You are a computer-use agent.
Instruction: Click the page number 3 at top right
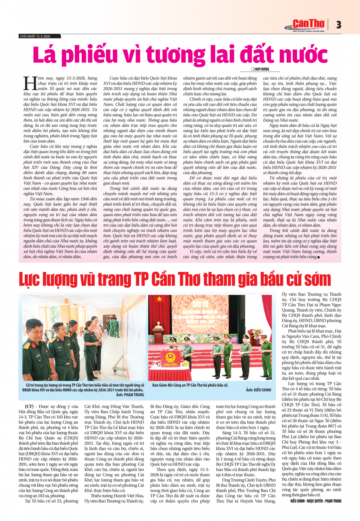338,25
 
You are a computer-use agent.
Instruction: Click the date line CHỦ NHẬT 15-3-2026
35,36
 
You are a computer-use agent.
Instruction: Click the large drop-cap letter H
30,83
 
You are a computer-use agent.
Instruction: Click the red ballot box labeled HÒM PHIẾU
170,359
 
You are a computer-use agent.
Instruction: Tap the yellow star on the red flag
159,299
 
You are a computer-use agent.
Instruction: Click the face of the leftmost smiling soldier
36,335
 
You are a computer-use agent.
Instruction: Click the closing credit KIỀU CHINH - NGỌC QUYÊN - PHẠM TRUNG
316,501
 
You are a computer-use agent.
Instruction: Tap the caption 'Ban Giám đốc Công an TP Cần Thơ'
190,385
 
